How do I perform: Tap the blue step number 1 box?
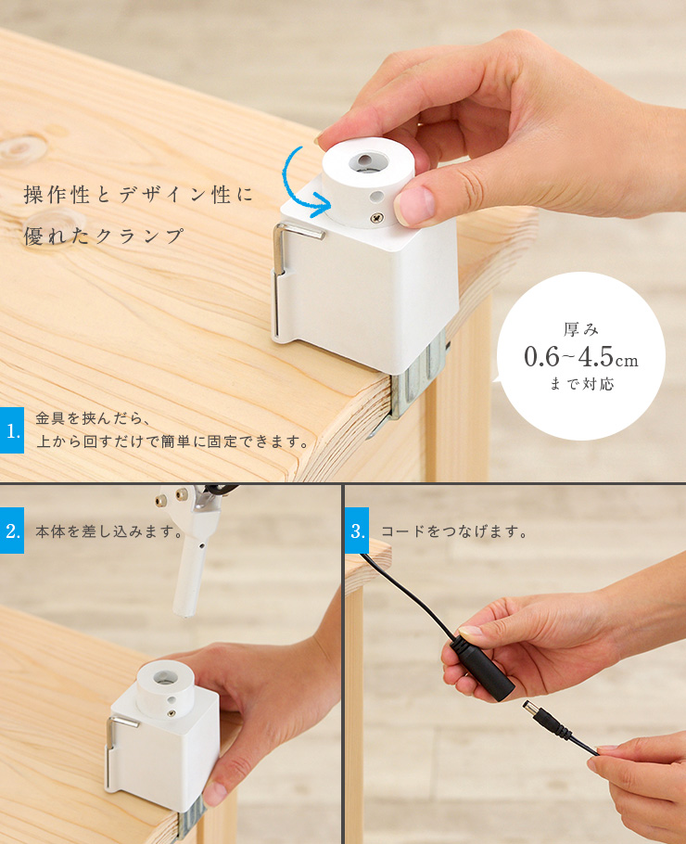pyautogui.click(x=12, y=430)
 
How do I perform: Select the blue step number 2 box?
pyautogui.click(x=12, y=531)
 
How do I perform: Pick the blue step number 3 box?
pyautogui.click(x=357, y=531)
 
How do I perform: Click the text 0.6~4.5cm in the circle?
pyautogui.click(x=581, y=357)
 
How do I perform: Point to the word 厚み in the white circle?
pyautogui.click(x=581, y=328)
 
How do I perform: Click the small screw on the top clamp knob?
pyautogui.click(x=377, y=217)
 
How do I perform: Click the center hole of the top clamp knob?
pyautogui.click(x=365, y=161)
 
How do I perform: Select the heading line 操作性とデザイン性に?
pyautogui.click(x=138, y=195)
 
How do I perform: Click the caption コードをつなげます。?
pyautogui.click(x=454, y=531)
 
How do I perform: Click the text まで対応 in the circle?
pyautogui.click(x=581, y=384)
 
